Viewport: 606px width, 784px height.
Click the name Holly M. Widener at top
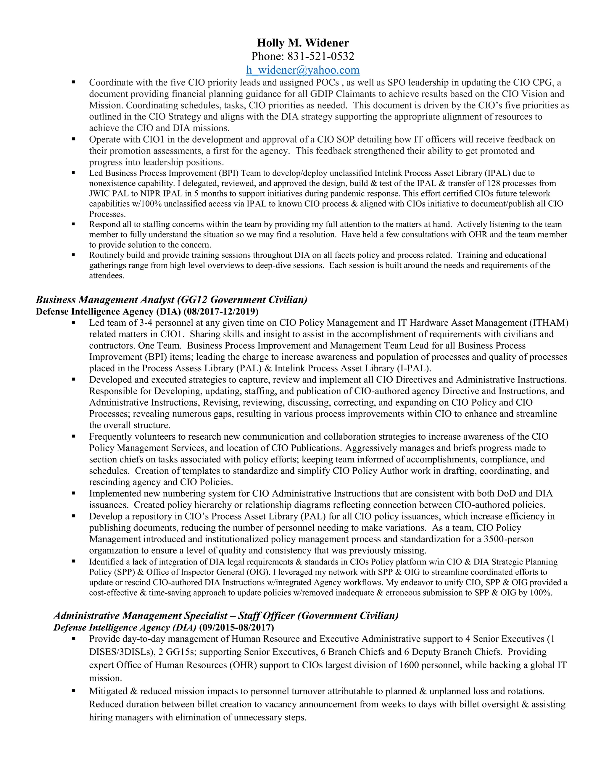pos(303,43)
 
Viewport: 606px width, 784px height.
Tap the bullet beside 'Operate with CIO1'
pos(74,139)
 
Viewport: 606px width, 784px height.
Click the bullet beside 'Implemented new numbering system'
pos(74,493)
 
